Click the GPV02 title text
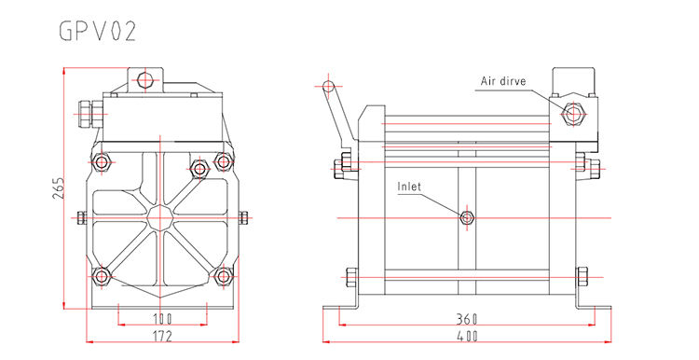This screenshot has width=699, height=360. pos(98,31)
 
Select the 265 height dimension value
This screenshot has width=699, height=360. pos(59,188)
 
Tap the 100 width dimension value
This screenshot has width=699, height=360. pos(162,319)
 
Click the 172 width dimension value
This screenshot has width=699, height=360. pos(162,336)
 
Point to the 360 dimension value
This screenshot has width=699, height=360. pos(467,319)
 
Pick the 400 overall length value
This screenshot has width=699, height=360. pos(467,336)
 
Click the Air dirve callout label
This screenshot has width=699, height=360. pos(503,81)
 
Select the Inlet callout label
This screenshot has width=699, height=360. pos(409,186)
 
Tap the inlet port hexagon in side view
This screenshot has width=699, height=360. pos(467,217)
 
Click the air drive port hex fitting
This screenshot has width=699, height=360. pos(573,114)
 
